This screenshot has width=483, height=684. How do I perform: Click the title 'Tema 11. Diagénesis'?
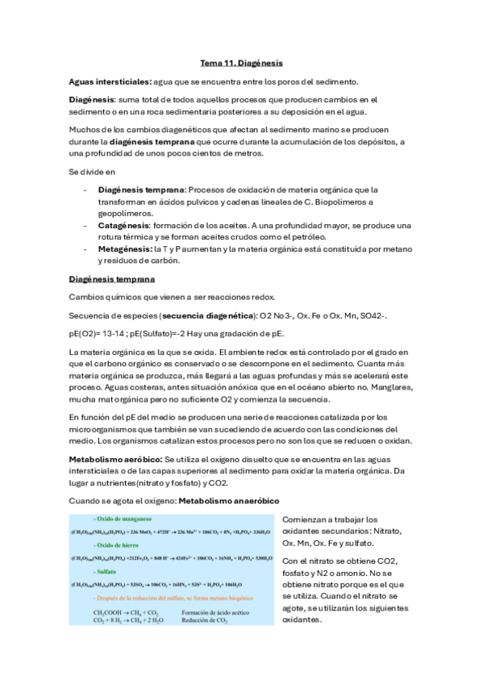coord(241,62)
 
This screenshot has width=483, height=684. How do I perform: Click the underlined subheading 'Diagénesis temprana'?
coord(110,279)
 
